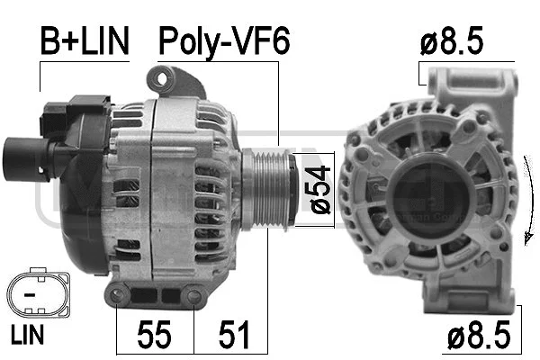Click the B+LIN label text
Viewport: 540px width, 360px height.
click(84, 40)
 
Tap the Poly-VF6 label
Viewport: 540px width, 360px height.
click(224, 40)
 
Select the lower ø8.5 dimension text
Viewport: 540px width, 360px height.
click(483, 337)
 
